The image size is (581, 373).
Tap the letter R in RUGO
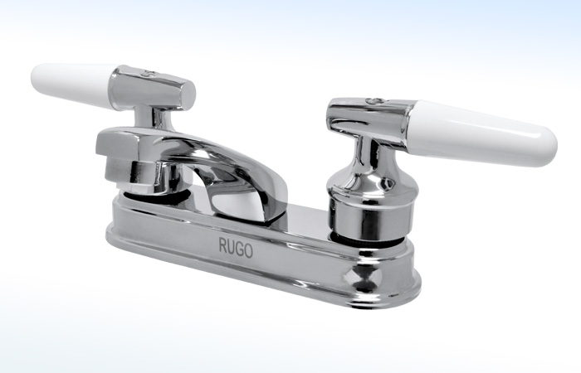pos(222,245)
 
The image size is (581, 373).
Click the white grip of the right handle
pos(481,128)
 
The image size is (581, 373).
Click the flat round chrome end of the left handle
pos(186,90)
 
